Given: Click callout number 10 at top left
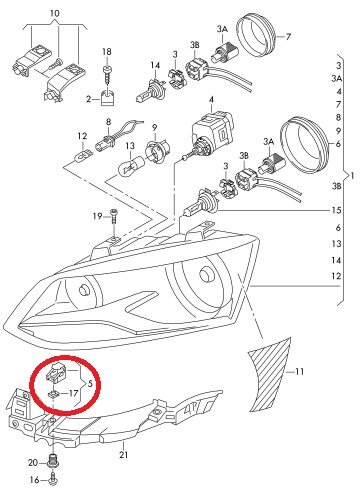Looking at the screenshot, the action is [x=55, y=13].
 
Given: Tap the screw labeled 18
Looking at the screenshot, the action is [x=107, y=77].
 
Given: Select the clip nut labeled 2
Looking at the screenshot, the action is [x=107, y=98].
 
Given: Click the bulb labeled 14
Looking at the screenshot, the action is [x=148, y=90].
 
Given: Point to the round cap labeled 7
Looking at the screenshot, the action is [x=256, y=34].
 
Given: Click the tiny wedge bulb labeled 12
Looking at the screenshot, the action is [x=82, y=156].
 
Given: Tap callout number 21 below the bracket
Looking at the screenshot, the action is [x=123, y=454].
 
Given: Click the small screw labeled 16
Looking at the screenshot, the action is [x=54, y=479].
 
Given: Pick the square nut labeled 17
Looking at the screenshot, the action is [x=53, y=394].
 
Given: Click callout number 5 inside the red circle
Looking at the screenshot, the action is [x=90, y=383].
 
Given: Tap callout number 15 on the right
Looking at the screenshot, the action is [x=336, y=210].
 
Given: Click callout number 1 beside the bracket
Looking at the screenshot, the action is [x=353, y=175].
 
